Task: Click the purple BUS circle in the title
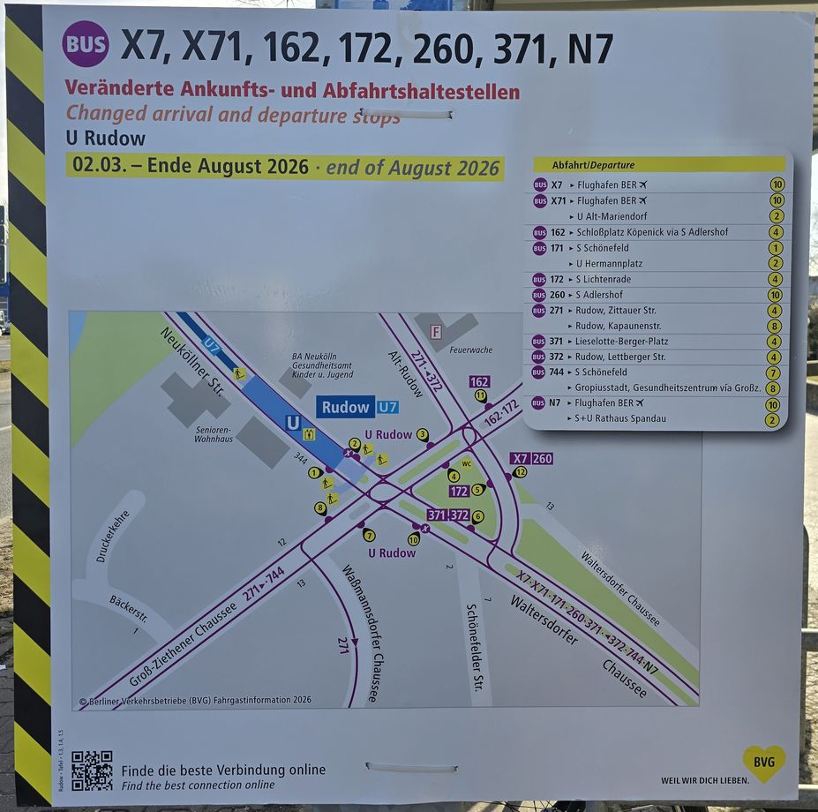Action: click(x=86, y=44)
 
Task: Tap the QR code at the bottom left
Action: click(x=92, y=771)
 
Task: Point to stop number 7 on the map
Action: click(x=369, y=535)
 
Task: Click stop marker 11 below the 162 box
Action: click(x=481, y=396)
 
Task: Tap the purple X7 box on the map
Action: click(x=521, y=458)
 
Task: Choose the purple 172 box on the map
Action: click(x=459, y=491)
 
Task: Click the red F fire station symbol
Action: click(x=435, y=332)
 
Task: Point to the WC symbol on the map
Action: click(x=467, y=463)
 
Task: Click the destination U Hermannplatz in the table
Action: click(x=609, y=264)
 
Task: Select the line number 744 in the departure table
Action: click(x=558, y=372)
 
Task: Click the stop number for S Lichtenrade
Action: click(x=776, y=279)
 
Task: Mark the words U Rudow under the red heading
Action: click(x=106, y=139)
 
